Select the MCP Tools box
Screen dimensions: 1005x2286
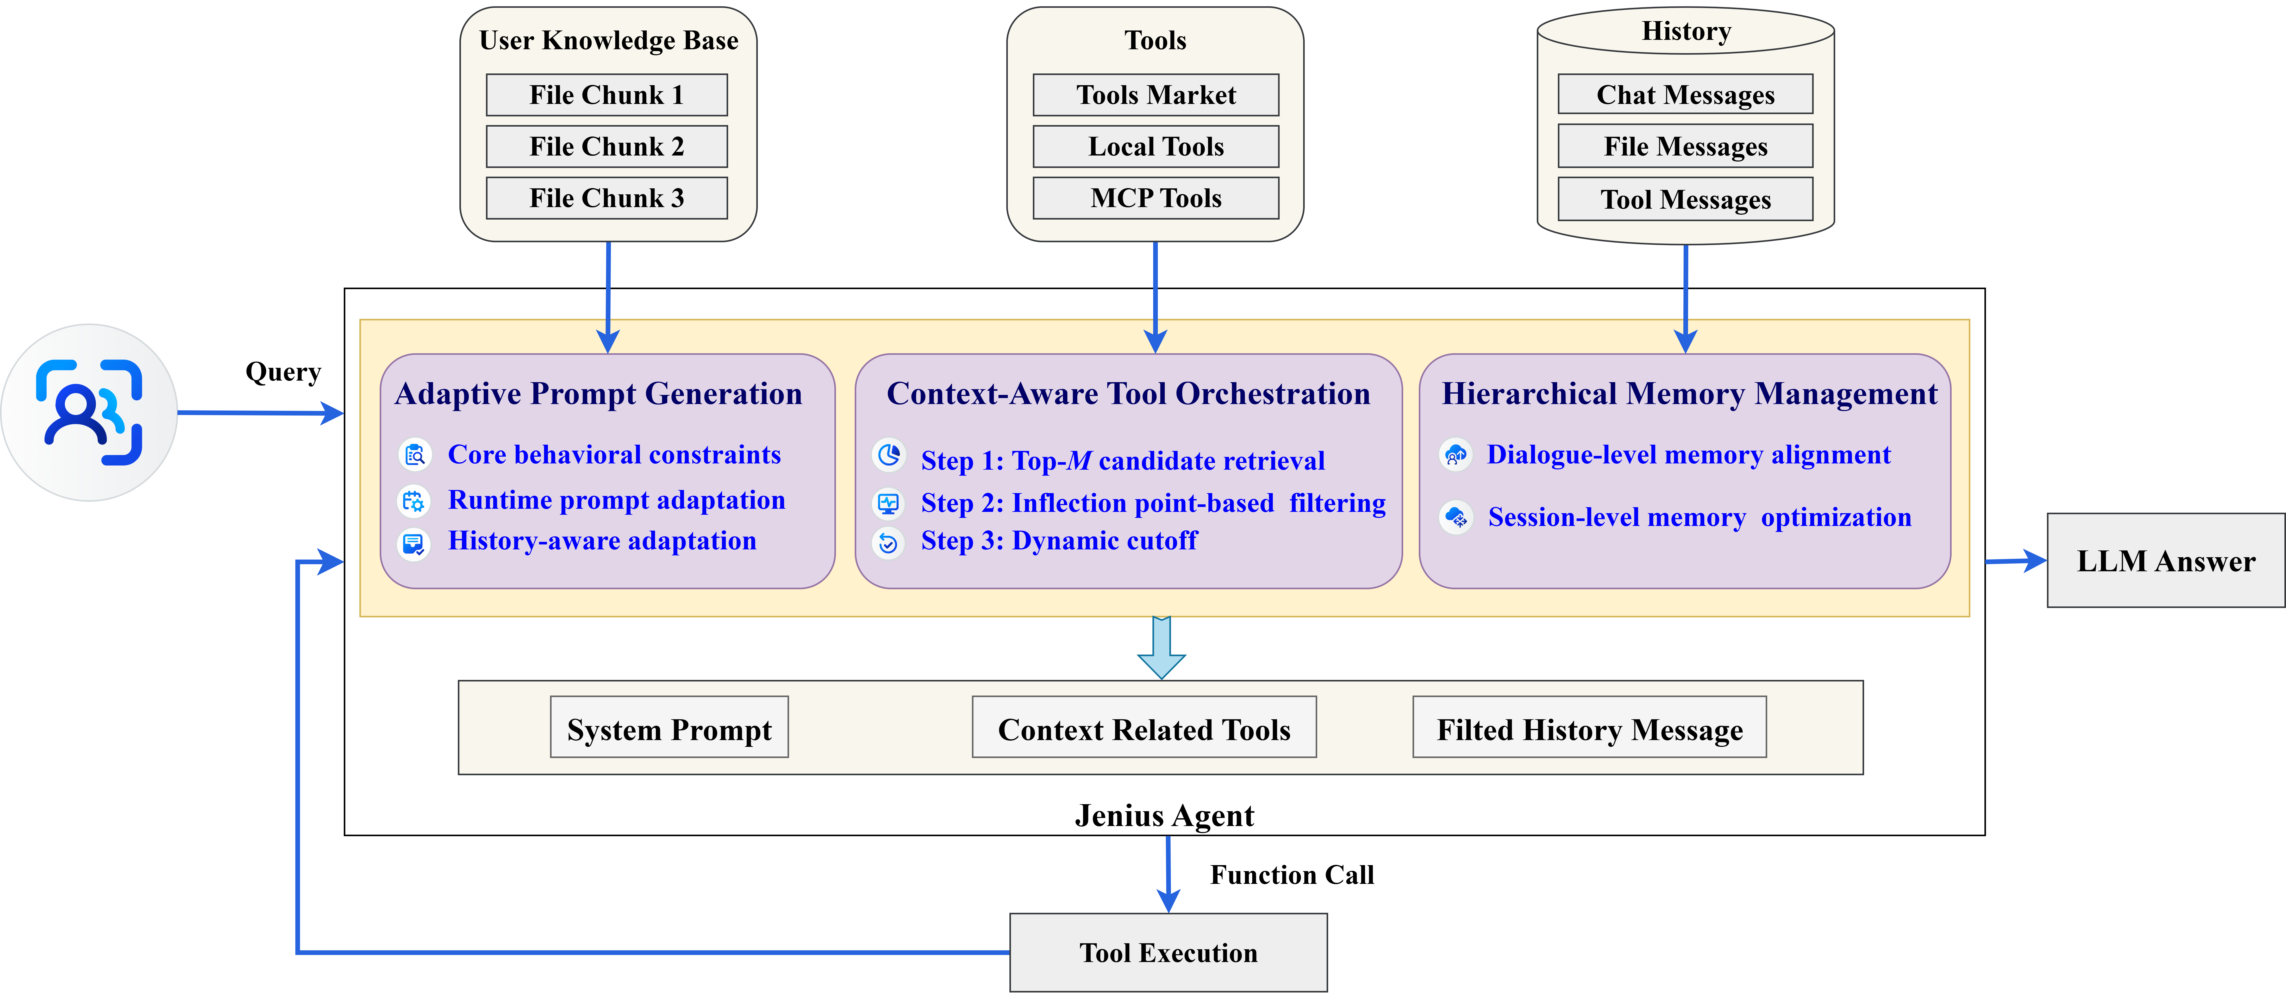[1156, 198]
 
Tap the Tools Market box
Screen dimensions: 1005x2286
[1156, 95]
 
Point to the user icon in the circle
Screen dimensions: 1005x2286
[89, 413]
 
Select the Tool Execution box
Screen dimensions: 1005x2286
[1168, 953]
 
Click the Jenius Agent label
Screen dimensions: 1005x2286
[1164, 815]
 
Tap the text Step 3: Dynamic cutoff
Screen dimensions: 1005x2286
[1059, 541]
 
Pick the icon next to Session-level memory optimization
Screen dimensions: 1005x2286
[1456, 518]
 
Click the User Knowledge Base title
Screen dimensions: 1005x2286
[609, 41]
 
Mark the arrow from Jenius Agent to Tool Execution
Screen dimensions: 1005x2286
[1168, 874]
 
